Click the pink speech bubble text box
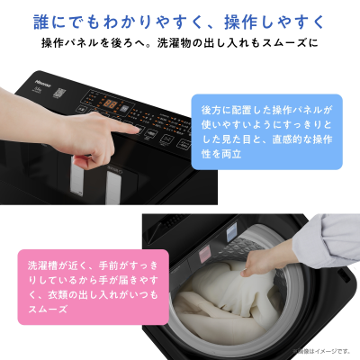pos(76,286)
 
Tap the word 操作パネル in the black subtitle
pos(74,43)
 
